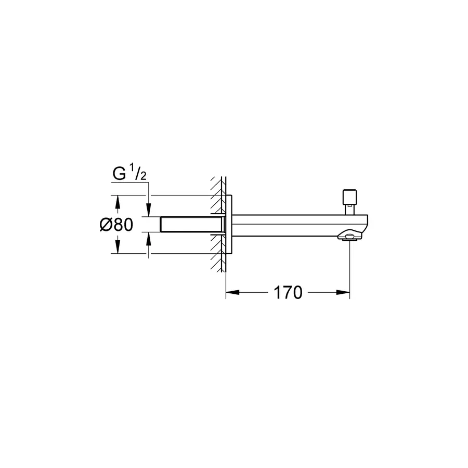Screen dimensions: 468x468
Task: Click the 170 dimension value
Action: (288, 293)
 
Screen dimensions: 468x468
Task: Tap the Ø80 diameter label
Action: (116, 225)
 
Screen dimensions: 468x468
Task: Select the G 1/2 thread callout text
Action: (129, 174)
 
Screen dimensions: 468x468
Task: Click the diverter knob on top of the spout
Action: (348, 198)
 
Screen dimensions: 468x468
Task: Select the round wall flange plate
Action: (229, 225)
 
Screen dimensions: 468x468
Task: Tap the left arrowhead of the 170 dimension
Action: (231, 293)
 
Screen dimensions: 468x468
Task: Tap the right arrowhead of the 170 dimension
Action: (344, 293)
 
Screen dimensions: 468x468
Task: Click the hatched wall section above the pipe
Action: (218, 195)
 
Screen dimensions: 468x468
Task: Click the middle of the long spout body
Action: (296, 225)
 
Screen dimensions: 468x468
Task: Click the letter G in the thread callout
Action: (119, 175)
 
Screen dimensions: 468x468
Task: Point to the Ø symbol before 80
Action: (106, 225)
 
